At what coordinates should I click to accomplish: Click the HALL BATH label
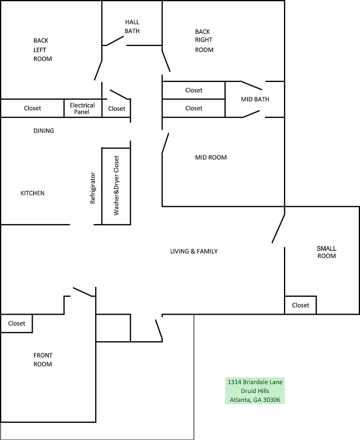[x=132, y=26]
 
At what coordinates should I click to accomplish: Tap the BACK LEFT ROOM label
[x=43, y=50]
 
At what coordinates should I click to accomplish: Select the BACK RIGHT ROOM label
[x=204, y=41]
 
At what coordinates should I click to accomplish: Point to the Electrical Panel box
[x=83, y=108]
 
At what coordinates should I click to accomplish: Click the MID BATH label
[x=255, y=99]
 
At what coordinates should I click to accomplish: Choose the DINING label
[x=44, y=131]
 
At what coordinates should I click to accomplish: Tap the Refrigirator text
[x=93, y=188]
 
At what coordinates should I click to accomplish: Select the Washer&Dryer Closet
[x=116, y=186]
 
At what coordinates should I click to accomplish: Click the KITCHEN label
[x=32, y=193]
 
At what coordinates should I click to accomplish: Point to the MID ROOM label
[x=211, y=158]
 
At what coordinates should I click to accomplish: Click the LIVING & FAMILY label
[x=194, y=252]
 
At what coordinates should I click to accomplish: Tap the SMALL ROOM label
[x=327, y=252]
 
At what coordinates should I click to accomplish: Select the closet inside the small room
[x=300, y=305]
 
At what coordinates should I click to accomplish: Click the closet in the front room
[x=16, y=324]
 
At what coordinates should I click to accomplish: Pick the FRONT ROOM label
[x=43, y=360]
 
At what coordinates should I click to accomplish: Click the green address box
[x=255, y=391]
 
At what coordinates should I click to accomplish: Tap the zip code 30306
[x=272, y=400]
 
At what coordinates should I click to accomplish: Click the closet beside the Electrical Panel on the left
[x=32, y=108]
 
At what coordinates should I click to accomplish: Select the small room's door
[x=278, y=228]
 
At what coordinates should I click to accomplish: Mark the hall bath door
[x=115, y=41]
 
